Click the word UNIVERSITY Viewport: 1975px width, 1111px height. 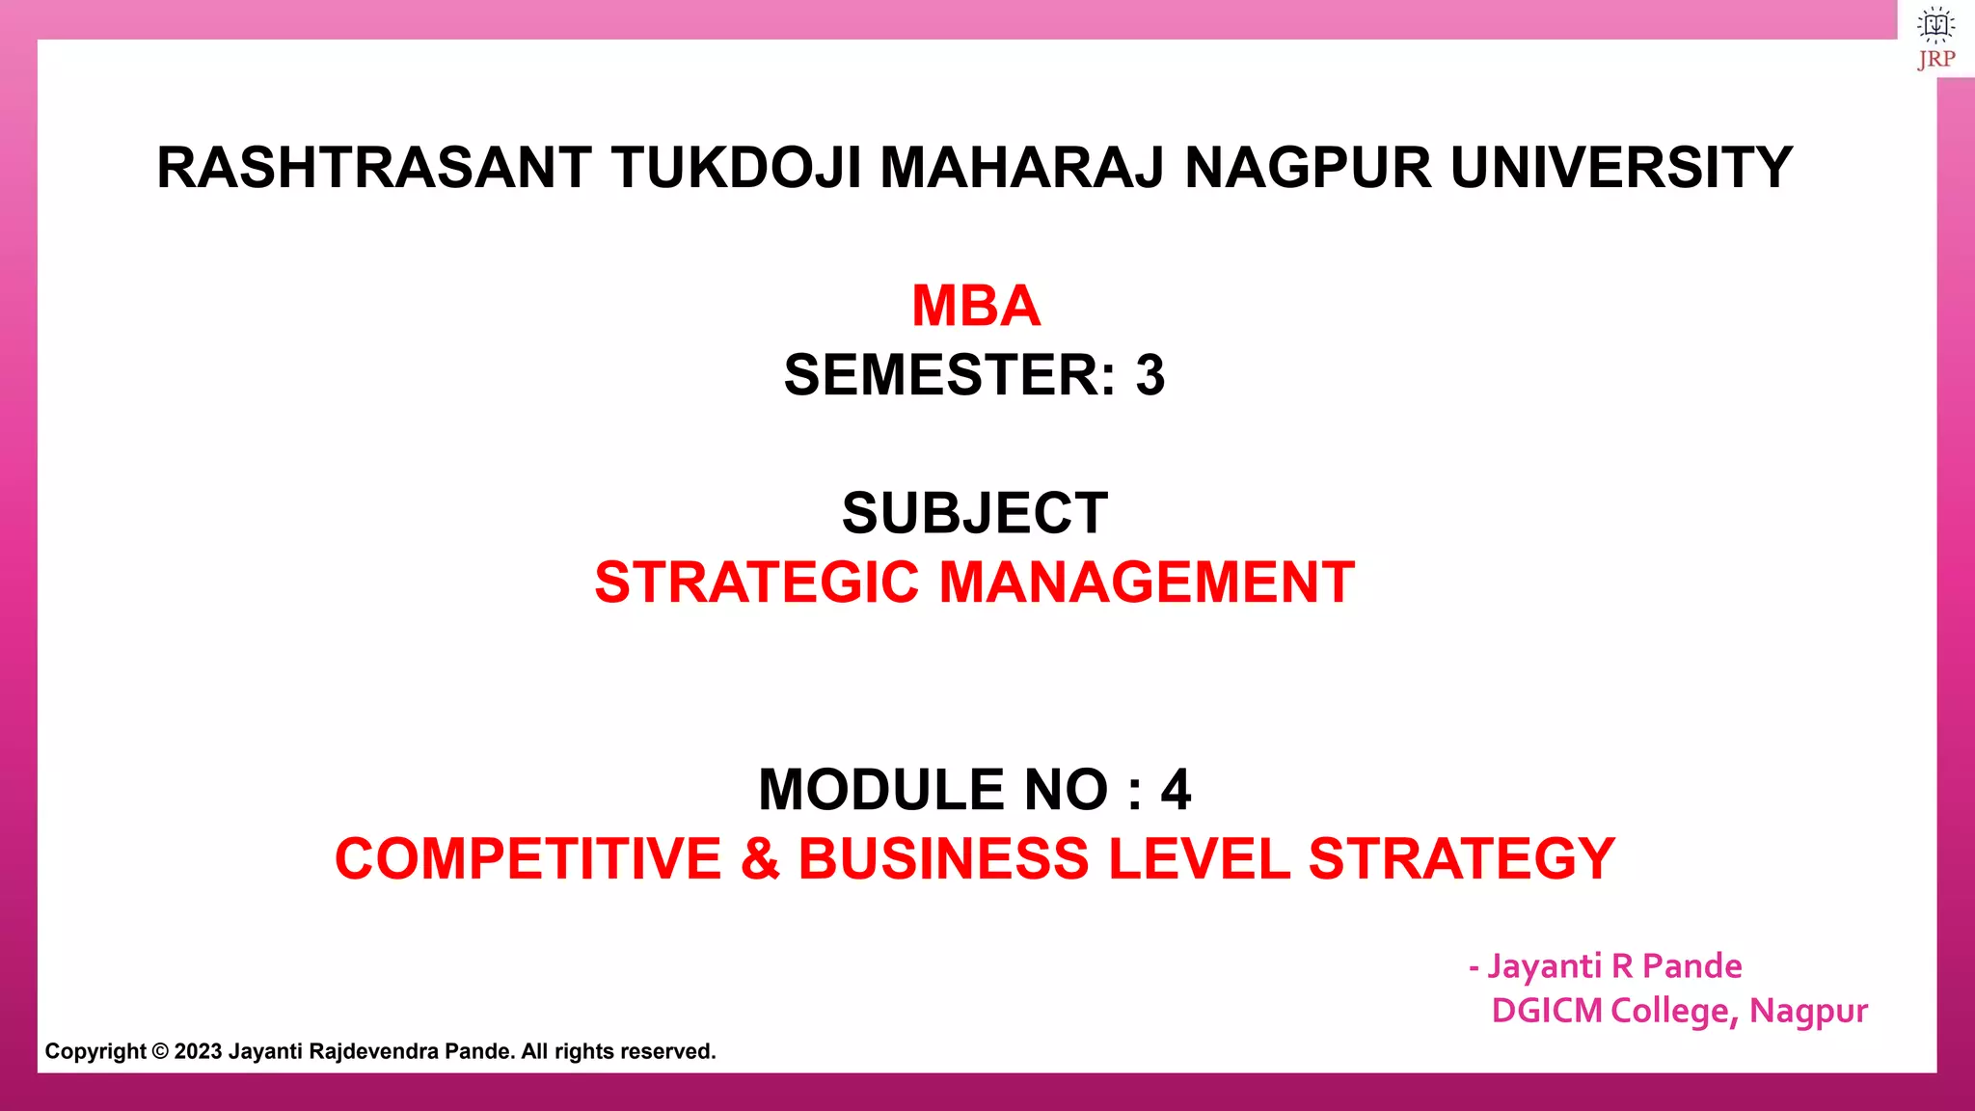1621,168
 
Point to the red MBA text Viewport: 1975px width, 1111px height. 976,306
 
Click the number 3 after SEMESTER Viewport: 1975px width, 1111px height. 1150,375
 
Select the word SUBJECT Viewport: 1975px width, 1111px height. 975,513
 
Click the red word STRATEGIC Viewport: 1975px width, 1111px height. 756,583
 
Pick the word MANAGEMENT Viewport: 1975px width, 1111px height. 1147,583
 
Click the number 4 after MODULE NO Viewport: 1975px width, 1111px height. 1176,790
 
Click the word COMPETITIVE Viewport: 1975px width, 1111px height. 528,858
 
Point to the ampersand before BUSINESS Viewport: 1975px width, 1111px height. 760,858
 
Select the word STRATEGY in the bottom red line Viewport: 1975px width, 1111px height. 1461,858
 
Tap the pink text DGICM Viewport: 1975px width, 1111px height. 1546,1011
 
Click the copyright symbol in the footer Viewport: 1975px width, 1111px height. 160,1052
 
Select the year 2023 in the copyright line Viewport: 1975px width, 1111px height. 198,1052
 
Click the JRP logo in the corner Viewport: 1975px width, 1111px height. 1935,39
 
